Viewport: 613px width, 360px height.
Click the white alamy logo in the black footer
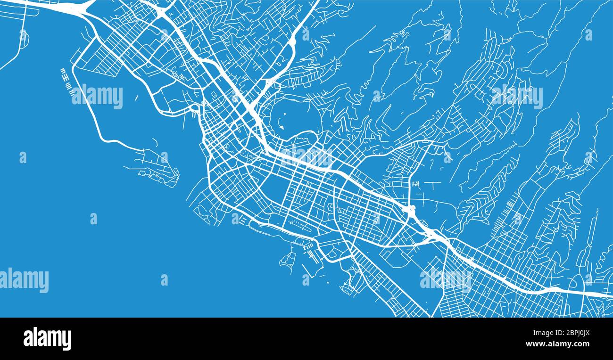47,339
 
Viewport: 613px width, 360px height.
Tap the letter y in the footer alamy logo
67,340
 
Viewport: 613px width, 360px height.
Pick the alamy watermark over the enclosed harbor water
97,97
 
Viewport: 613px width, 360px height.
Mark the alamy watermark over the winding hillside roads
517,97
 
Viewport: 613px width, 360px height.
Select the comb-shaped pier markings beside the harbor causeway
67,79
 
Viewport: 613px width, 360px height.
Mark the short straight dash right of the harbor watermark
136,98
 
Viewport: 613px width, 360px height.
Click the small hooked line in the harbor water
156,141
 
